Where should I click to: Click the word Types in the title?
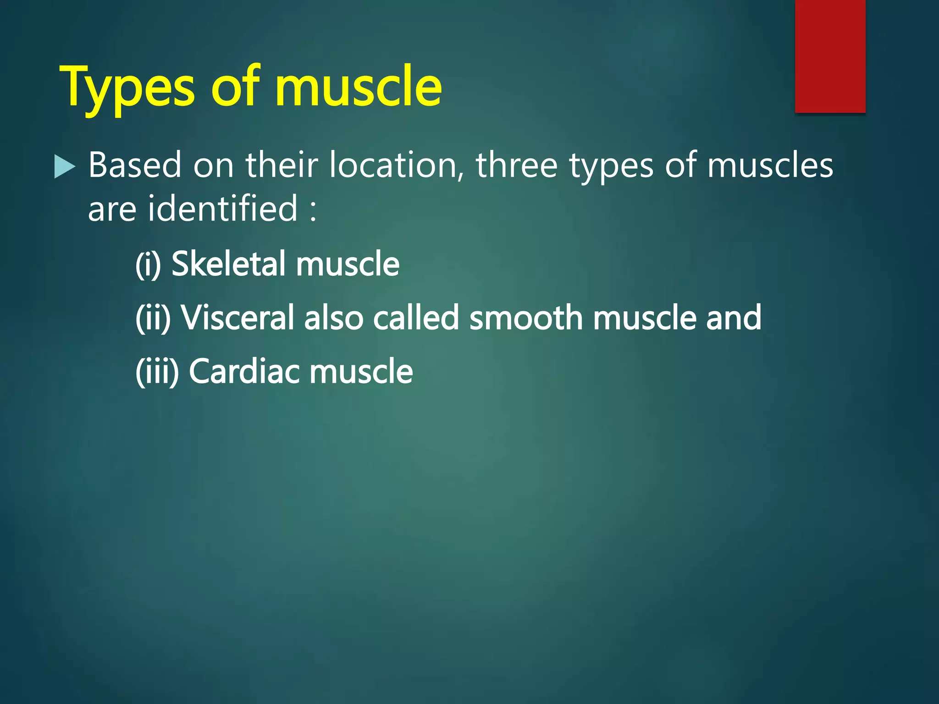pos(130,88)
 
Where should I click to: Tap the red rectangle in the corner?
pos(830,56)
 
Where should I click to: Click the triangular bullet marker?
pos(64,166)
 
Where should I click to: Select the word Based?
pos(135,165)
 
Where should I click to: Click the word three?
pos(516,165)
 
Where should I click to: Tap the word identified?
pos(223,209)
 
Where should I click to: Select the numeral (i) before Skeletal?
pos(148,264)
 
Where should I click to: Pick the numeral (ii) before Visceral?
pos(153,318)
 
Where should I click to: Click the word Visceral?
pos(237,317)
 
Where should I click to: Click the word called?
pos(415,317)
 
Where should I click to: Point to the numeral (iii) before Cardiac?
pos(157,371)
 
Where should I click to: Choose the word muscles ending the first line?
pos(770,165)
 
